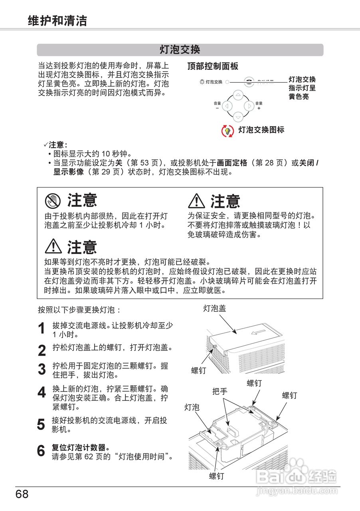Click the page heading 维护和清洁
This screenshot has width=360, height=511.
pyautogui.click(x=57, y=21)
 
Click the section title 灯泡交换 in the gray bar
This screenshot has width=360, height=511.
pyautogui.click(x=180, y=50)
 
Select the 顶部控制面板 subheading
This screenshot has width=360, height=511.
pyautogui.click(x=213, y=67)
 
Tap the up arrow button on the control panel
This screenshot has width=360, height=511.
pyautogui.click(x=238, y=95)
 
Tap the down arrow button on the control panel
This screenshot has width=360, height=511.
pyautogui.click(x=238, y=117)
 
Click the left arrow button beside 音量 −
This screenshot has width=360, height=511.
pyautogui.click(x=227, y=106)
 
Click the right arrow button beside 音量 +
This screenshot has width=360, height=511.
pyautogui.click(x=249, y=106)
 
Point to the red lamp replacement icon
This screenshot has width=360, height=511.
pyautogui.click(x=227, y=131)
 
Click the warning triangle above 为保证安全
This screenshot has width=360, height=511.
pyautogui.click(x=196, y=201)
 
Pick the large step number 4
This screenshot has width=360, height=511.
pyautogui.click(x=42, y=392)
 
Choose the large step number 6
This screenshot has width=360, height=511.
pyautogui.click(x=42, y=451)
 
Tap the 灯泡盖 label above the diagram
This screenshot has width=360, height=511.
pyautogui.click(x=215, y=308)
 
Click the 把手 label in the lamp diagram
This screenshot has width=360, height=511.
pyautogui.click(x=220, y=391)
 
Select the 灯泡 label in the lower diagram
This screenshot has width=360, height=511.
pyautogui.click(x=192, y=407)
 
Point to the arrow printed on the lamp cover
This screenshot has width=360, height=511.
pyautogui.click(x=258, y=333)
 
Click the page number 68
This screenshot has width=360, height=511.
pyautogui.click(x=22, y=494)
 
